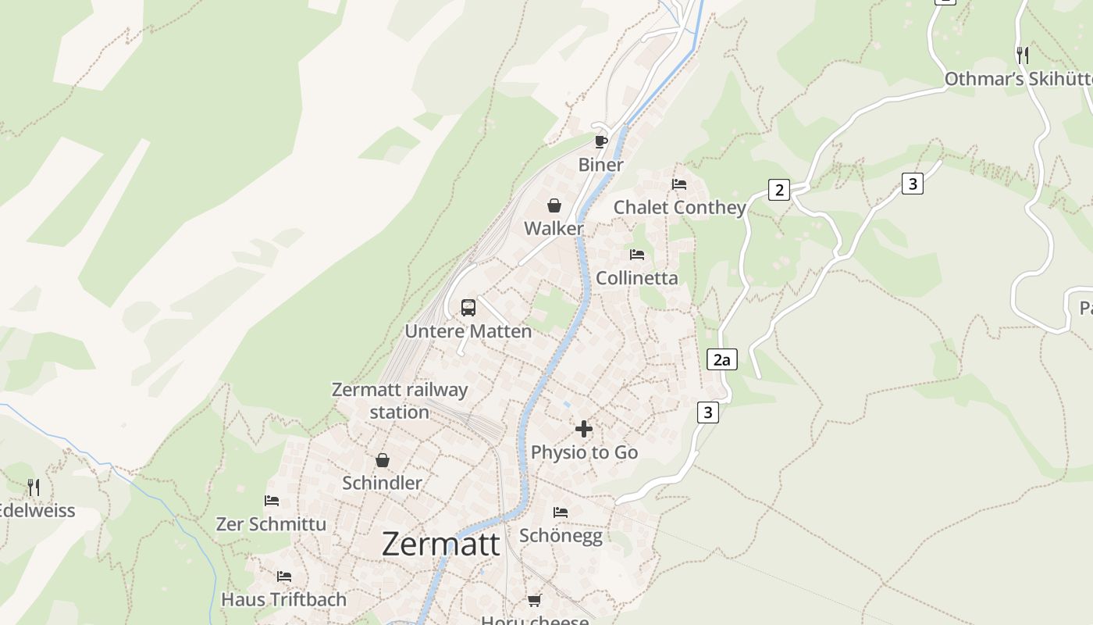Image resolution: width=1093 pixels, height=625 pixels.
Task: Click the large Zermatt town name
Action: pyautogui.click(x=440, y=544)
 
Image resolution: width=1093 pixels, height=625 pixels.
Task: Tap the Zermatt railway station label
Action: pyautogui.click(x=400, y=401)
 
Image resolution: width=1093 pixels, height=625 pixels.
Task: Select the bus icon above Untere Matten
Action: pyautogui.click(x=468, y=307)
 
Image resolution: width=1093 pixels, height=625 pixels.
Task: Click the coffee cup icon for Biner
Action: pyautogui.click(x=600, y=141)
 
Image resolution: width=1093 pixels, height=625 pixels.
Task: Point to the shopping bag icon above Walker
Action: pyautogui.click(x=554, y=205)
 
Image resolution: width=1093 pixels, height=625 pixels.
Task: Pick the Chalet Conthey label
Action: pyautogui.click(x=679, y=207)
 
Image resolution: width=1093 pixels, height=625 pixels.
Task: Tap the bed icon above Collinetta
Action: pyautogui.click(x=637, y=255)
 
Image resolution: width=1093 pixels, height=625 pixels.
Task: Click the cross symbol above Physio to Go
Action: pyautogui.click(x=584, y=429)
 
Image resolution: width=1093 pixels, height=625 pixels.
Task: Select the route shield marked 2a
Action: pyautogui.click(x=722, y=359)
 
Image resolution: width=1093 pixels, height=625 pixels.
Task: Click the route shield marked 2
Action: pyautogui.click(x=778, y=190)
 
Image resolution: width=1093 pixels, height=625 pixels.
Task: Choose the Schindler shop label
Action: pyautogui.click(x=382, y=483)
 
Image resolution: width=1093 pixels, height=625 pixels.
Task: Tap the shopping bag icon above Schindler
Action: pyautogui.click(x=383, y=460)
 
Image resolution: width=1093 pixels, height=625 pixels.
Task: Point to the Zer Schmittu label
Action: pyautogui.click(x=271, y=523)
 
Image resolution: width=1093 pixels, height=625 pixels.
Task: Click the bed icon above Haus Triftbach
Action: pyautogui.click(x=284, y=577)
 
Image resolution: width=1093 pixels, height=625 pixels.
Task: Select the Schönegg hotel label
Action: pyautogui.click(x=561, y=535)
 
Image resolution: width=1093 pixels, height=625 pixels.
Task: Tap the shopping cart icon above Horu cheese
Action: pyautogui.click(x=534, y=600)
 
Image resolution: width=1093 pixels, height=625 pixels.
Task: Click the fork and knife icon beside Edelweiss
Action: pyautogui.click(x=33, y=487)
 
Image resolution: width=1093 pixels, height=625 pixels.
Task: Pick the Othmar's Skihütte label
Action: pyautogui.click(x=1018, y=79)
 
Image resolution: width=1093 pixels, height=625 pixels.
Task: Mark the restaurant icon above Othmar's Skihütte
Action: pyautogui.click(x=1023, y=55)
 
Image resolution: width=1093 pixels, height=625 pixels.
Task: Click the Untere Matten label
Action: pyautogui.click(x=468, y=331)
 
